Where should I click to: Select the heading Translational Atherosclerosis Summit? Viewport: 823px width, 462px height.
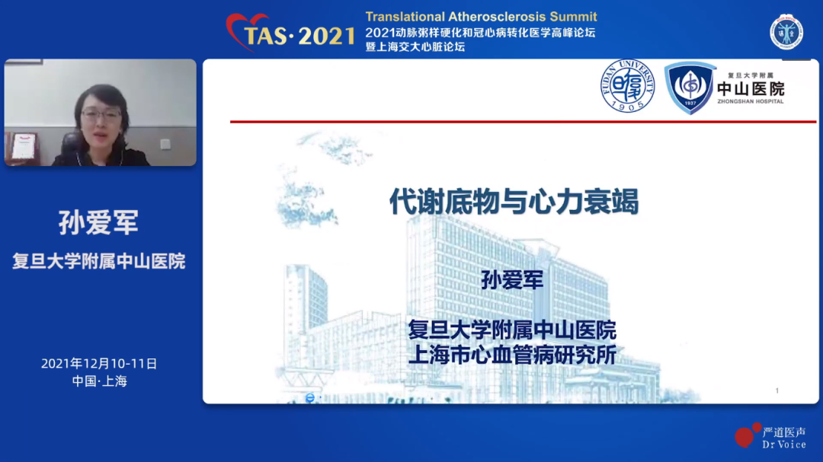[482, 17]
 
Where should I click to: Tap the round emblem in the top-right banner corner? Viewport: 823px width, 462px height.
[786, 33]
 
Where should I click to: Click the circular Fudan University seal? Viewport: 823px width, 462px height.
[628, 86]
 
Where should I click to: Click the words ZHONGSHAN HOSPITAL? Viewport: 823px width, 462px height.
[751, 101]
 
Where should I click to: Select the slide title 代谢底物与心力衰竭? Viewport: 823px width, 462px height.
[514, 202]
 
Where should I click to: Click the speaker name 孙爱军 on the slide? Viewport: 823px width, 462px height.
[512, 280]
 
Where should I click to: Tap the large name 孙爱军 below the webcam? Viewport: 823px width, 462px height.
[98, 222]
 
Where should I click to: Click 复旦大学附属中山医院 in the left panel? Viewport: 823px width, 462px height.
[98, 261]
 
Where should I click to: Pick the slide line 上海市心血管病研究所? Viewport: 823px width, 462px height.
[512, 355]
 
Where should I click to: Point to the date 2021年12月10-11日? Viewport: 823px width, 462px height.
[99, 363]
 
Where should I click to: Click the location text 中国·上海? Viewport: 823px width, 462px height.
[100, 381]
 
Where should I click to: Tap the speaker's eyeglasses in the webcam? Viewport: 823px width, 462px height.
[101, 115]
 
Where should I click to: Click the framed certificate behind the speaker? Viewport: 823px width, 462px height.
[23, 145]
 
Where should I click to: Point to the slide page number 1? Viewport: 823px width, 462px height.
[777, 390]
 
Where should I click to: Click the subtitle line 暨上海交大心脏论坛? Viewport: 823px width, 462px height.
[415, 46]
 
